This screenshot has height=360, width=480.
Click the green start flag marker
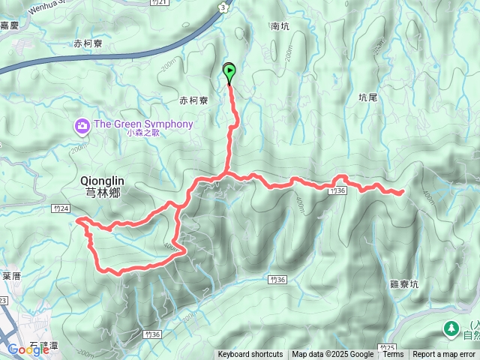tap(229, 73)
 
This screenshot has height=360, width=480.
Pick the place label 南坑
tap(280, 25)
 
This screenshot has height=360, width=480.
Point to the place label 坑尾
tap(368, 97)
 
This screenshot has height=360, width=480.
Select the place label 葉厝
tap(10, 276)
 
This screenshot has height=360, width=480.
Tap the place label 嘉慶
tap(9, 25)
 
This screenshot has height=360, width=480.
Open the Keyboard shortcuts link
tap(250, 355)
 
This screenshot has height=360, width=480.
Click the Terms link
tap(393, 355)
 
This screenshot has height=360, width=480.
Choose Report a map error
tap(445, 355)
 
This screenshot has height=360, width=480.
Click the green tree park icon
tap(451, 328)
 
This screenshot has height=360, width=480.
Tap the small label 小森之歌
tap(143, 133)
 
